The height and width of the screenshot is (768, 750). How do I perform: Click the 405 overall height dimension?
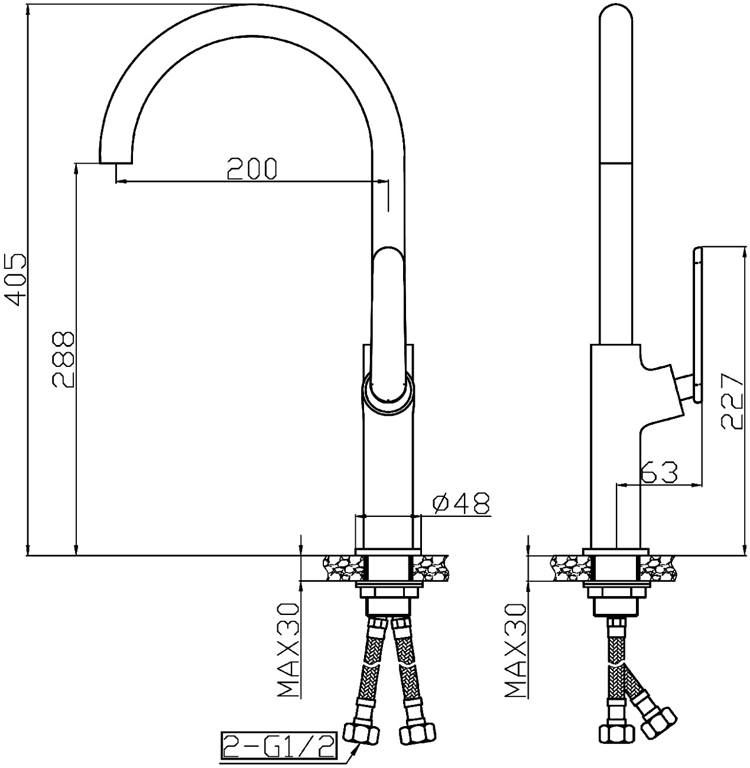(17, 279)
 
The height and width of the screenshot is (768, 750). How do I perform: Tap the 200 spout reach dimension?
(252, 169)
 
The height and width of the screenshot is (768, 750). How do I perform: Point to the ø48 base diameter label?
(462, 503)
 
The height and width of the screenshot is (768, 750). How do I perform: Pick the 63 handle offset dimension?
(658, 473)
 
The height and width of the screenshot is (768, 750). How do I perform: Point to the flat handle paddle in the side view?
(697, 325)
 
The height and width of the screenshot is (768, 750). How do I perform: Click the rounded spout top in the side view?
(616, 18)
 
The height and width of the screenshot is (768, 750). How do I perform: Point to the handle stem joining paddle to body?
(686, 389)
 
